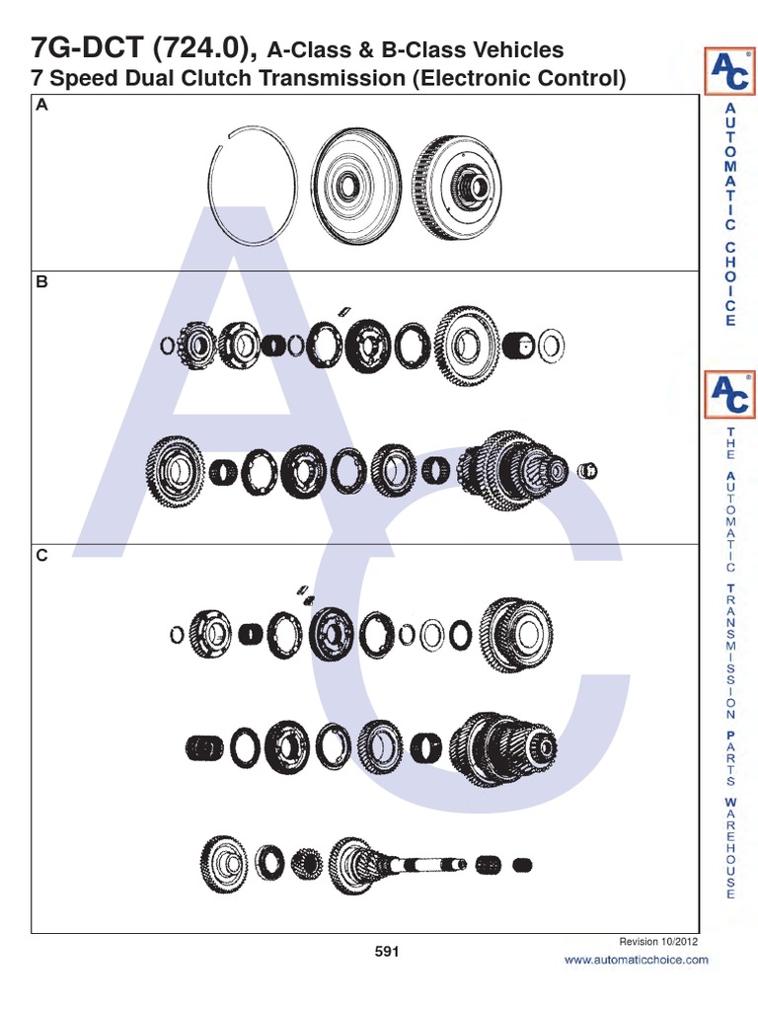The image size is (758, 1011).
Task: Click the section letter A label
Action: pos(41,107)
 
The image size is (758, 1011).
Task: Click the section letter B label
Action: pos(41,281)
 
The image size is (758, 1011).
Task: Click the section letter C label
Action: pos(41,556)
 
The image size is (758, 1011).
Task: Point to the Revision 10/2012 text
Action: pos(658,942)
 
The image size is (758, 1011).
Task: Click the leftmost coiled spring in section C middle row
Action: pos(204,748)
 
